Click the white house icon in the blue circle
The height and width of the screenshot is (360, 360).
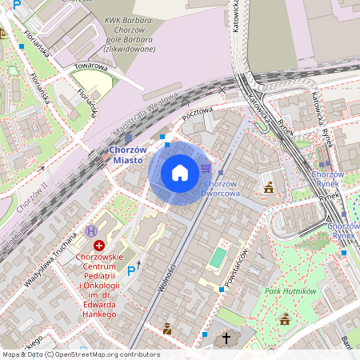click(180, 173)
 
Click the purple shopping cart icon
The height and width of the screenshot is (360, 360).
click(207, 168)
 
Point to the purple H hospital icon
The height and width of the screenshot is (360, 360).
click(90, 231)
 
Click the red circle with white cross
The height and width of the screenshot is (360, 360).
click(99, 245)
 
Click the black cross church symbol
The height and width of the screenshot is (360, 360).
click(226, 338)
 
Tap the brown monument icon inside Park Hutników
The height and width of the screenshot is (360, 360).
click(285, 319)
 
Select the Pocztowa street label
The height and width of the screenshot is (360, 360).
click(197, 114)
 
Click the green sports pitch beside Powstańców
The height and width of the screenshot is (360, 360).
click(217, 258)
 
